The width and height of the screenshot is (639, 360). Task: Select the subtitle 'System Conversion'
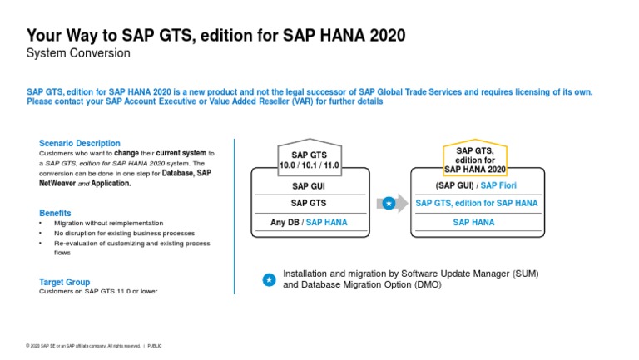[x=78, y=53]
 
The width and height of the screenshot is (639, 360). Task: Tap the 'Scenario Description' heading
[x=80, y=143]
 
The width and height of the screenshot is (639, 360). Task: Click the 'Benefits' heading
[x=55, y=213]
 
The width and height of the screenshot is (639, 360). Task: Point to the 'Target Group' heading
[x=64, y=282]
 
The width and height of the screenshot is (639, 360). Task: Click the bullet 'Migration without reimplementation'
[x=108, y=223]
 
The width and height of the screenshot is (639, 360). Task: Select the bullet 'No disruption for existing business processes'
[x=125, y=233]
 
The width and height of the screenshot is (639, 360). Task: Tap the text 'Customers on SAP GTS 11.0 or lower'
[x=98, y=292]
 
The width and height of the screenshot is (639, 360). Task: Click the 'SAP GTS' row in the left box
[x=310, y=203]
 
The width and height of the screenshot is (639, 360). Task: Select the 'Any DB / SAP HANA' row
[x=310, y=222]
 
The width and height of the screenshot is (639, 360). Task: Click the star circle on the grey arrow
[x=389, y=203]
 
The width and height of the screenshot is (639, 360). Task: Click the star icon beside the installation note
[x=269, y=280]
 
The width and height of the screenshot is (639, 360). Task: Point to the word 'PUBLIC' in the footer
[x=155, y=345]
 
